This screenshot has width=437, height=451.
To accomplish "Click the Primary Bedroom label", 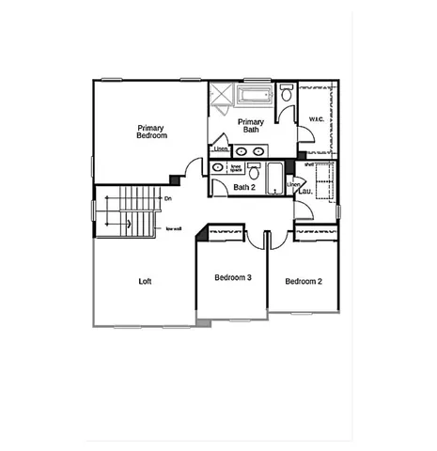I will coord(151,132).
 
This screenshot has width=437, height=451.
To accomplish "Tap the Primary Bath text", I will coord(250,126).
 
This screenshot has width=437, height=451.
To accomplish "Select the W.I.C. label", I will coord(316,119).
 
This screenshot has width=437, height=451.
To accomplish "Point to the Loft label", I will coord(145,281).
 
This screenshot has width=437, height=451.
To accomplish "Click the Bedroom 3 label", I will coord(232,278).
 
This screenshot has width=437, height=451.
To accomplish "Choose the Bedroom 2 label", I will coord(304,281).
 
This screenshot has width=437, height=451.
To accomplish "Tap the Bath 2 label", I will coord(245,187).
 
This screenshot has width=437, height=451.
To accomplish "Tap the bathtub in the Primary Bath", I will coord(255,96).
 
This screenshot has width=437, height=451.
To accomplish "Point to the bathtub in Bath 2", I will coord(273,178).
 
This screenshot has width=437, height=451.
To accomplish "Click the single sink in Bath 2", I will coord(218,168).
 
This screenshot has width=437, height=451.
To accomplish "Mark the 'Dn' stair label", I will coord(167,199).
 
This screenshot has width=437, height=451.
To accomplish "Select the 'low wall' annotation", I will coord(173,228).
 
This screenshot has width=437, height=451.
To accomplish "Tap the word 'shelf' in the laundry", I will coord(308,165).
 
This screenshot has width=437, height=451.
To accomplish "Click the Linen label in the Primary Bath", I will coord(220,149).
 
